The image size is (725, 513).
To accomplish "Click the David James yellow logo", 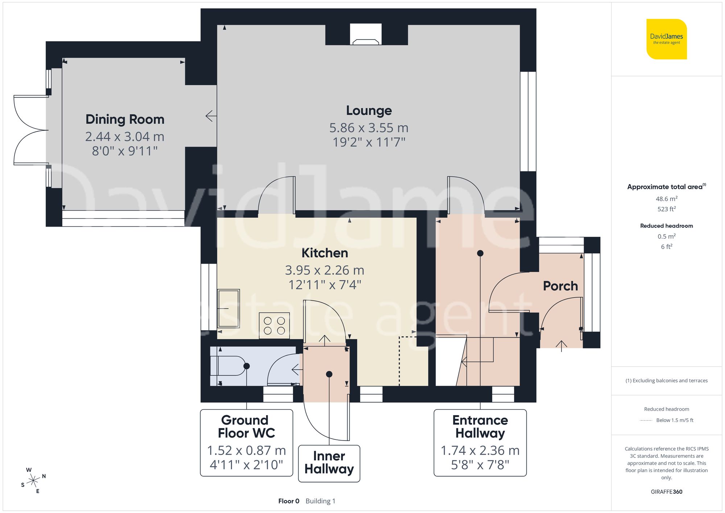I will (x=666, y=39).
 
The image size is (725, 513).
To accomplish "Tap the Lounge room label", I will (x=369, y=111).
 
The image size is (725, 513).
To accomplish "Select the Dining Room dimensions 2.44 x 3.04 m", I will (x=125, y=137).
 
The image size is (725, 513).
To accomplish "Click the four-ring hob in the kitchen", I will (x=274, y=326).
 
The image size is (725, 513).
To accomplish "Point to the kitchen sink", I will (x=228, y=309).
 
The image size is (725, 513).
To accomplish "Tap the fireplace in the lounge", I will (x=366, y=35).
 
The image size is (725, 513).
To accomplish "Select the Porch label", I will (x=560, y=286).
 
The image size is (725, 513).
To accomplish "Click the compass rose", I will (x=33, y=481).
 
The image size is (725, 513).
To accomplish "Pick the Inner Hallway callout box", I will (x=329, y=463).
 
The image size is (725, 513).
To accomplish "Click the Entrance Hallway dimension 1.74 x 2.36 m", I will (x=480, y=451).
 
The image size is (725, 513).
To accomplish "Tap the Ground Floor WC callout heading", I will (x=246, y=427).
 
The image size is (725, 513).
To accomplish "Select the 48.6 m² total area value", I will (x=666, y=199).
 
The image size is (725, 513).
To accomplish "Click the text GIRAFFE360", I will (x=666, y=492).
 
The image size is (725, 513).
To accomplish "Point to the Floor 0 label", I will (x=289, y=501).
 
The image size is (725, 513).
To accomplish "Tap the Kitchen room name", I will (x=324, y=253).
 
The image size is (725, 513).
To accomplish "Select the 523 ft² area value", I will (x=666, y=209).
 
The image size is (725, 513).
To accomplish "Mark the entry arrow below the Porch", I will (x=561, y=346).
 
